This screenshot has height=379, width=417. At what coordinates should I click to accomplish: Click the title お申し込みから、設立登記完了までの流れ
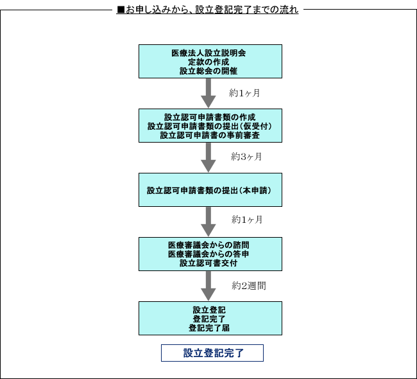pos(212,10)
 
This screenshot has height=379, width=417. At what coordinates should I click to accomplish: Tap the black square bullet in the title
pos(121,10)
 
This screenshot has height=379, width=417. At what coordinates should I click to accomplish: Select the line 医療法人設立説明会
pos(208,53)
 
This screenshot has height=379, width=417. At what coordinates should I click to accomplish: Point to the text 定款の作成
pos(208,62)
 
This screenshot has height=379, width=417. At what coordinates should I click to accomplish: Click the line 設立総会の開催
pos(208,71)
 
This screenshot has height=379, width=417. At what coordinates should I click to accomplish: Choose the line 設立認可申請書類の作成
pos(210,117)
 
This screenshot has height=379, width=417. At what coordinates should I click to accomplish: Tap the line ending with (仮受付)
pos(210,126)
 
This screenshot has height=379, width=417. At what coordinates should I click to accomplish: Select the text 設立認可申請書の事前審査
pos(210,135)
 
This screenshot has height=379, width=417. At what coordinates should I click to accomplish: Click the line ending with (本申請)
pos(209,190)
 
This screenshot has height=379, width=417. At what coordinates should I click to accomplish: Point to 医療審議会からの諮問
pos(208,245)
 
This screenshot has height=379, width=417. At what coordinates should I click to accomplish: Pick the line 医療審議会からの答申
pos(208,254)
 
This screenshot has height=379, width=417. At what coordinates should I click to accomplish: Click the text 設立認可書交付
pos(208,263)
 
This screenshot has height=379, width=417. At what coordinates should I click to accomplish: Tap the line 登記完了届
pos(209,328)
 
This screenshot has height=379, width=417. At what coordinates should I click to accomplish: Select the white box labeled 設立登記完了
pos(212,353)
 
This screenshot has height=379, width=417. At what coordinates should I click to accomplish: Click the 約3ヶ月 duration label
pos(246,157)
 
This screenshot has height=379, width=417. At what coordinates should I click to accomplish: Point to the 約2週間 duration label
pos(249,286)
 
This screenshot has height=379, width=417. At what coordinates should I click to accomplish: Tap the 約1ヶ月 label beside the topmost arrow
pos(244,93)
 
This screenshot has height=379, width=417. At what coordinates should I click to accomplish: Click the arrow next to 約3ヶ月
pos(208,157)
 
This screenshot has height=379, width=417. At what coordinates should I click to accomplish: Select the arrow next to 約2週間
pos(208,286)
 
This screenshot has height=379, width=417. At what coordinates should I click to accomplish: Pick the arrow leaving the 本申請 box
pos(208,222)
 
